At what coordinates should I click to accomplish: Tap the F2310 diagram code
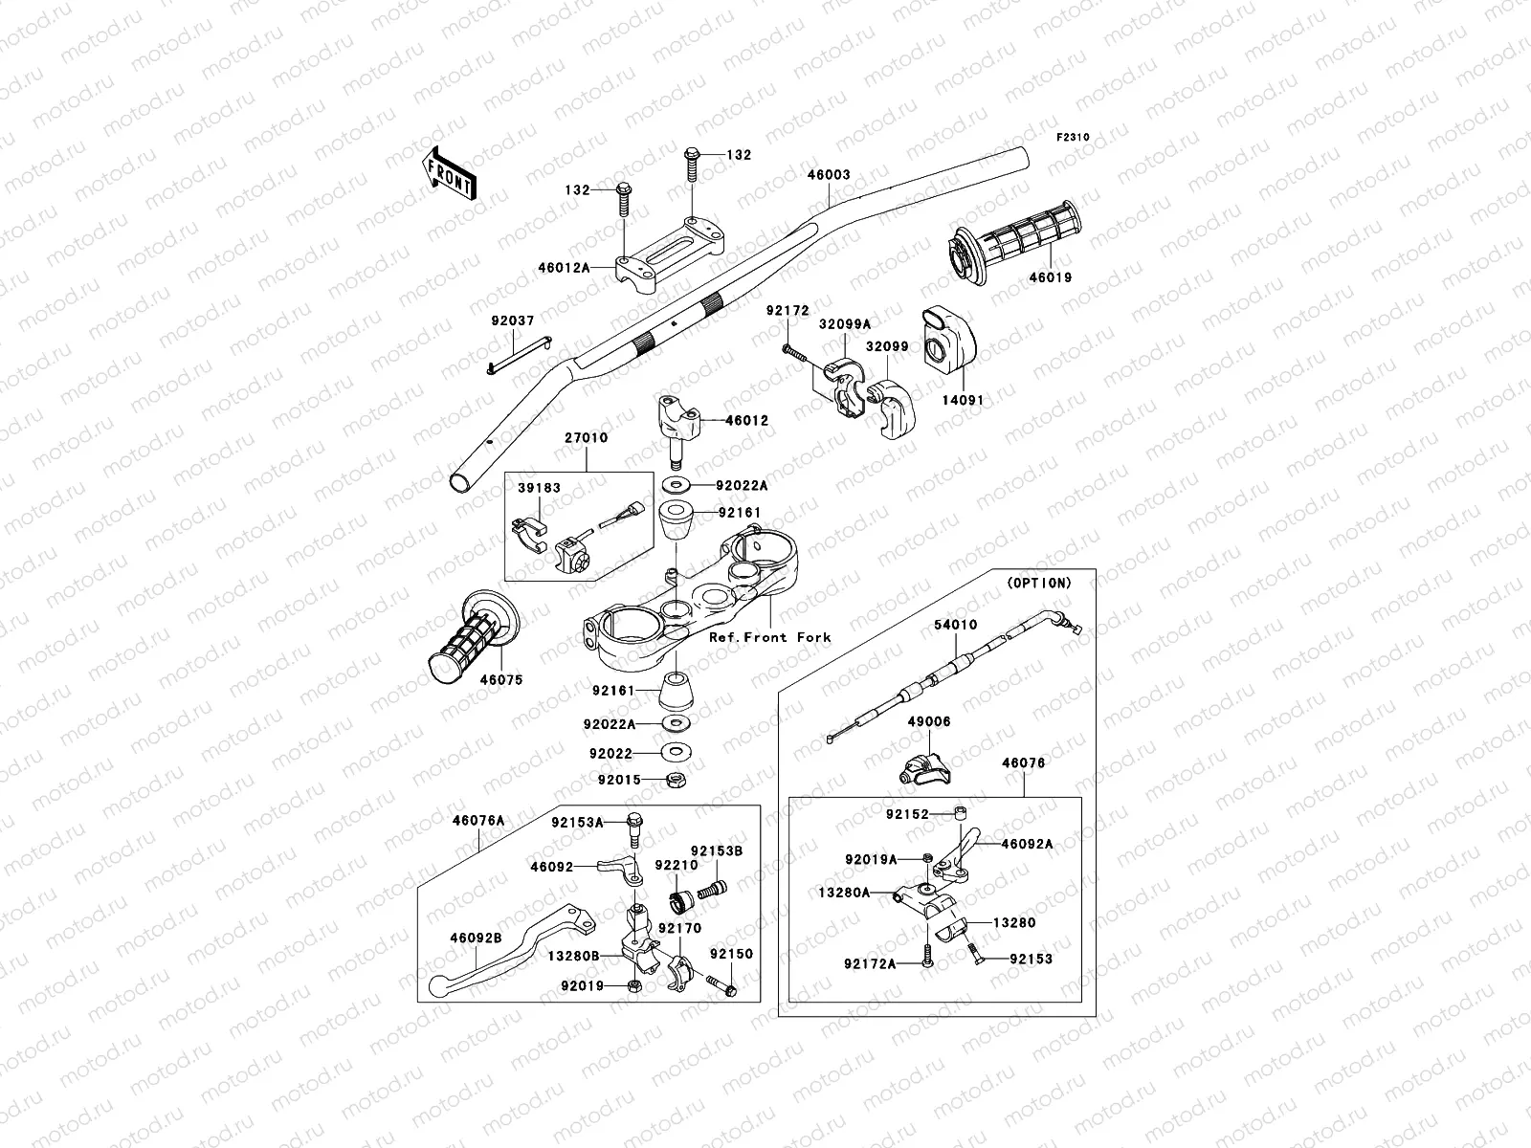point(1073,138)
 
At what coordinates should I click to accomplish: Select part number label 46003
point(829,176)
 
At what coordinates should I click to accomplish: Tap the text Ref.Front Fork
point(769,637)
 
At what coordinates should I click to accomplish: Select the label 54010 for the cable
point(955,626)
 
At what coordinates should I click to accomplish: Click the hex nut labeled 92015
point(673,779)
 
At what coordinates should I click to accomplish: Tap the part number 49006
point(929,722)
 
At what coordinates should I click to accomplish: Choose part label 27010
point(586,438)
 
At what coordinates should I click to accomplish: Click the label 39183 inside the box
point(540,488)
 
